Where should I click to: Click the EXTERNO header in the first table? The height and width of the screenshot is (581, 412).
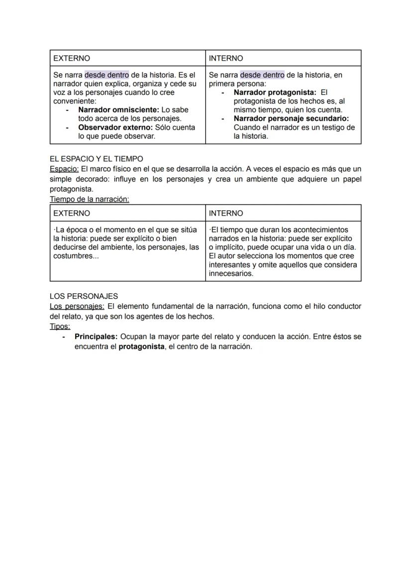coord(72,58)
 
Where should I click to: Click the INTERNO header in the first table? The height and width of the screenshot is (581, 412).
coord(226,58)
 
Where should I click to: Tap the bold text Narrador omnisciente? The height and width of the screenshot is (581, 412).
coord(119,110)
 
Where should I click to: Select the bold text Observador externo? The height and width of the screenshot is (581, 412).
coord(115,127)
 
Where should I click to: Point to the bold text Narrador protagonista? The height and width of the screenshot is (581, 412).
coord(275,92)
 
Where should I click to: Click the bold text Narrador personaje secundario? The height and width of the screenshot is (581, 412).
coord(291,119)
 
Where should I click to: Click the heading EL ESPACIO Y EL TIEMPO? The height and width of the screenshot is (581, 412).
coord(96,159)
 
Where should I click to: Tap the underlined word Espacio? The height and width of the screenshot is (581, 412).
coord(64,169)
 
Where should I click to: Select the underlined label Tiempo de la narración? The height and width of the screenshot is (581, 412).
coord(90,199)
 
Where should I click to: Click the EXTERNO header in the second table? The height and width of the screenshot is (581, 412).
coord(72,213)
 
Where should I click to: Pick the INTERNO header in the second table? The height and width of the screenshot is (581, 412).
coord(226,213)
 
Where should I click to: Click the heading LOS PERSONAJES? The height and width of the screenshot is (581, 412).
coord(84,296)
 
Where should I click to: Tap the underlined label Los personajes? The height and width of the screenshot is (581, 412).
coord(77,306)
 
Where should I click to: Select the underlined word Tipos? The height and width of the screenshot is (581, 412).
coord(60,327)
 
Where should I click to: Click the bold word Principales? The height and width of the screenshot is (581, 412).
coord(96,336)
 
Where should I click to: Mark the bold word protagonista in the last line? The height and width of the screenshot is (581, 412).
coord(141,346)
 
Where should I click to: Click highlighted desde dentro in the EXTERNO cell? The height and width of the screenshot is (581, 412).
coord(106,75)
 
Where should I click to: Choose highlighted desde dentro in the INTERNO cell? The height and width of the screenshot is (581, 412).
coord(262,75)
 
